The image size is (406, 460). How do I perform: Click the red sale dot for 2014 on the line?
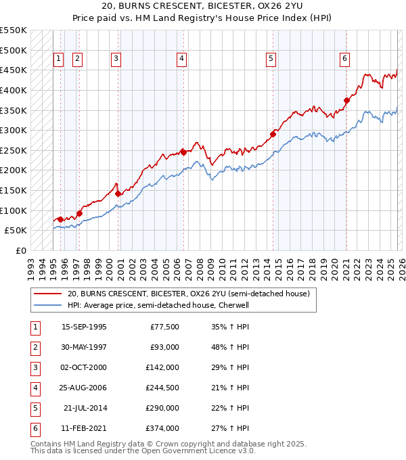tap(273, 134)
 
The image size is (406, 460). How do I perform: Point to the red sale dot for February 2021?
tap(346, 101)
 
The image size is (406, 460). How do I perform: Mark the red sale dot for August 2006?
tap(183, 152)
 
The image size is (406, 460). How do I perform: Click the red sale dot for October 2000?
tap(118, 193)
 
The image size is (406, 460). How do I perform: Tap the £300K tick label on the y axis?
tap(13, 130)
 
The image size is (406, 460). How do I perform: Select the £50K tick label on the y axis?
tap(16, 231)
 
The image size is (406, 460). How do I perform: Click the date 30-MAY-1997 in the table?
tap(84, 347)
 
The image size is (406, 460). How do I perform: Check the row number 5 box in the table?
tap(33, 408)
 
